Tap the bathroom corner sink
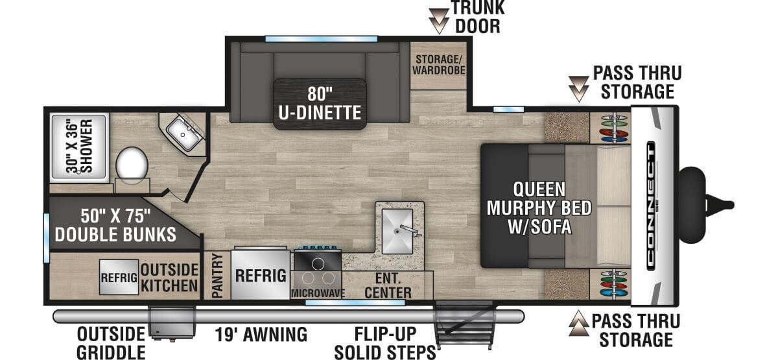[x=183, y=134]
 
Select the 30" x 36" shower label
[x=80, y=146]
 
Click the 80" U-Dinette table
[x=320, y=104]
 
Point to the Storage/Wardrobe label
[x=439, y=65]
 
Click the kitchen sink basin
[x=397, y=231]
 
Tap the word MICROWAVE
[x=318, y=293]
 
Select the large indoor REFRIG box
[x=261, y=274]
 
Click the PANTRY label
[x=217, y=276]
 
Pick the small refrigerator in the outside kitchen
[x=119, y=277]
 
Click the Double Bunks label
[x=115, y=225]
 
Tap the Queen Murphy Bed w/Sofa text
[x=539, y=208]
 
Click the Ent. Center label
[x=388, y=285]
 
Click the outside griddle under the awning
[x=172, y=322]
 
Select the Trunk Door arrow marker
[x=440, y=21]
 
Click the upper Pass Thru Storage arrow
[x=579, y=89]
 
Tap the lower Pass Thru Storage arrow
[x=579, y=323]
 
